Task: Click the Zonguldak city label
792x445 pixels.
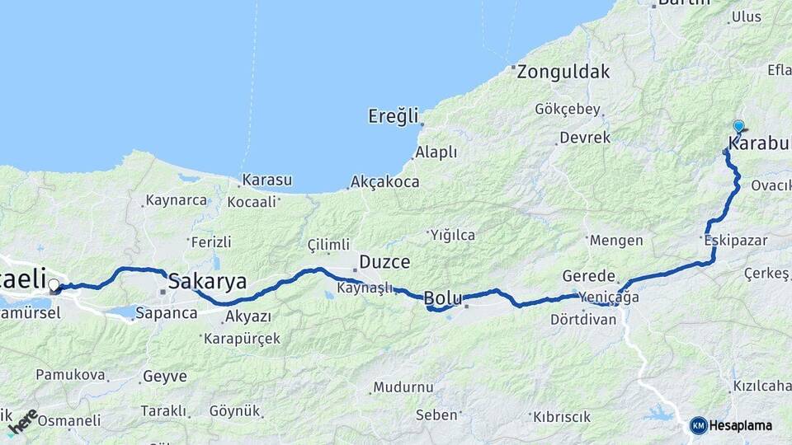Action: click(x=557, y=72)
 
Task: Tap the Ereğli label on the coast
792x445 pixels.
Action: click(x=394, y=116)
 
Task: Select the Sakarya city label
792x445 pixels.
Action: click(x=207, y=282)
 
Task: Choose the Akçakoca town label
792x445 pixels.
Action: click(x=384, y=181)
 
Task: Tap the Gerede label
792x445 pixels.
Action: click(x=589, y=276)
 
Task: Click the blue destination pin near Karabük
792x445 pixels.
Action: click(x=738, y=127)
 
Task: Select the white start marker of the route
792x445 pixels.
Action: click(x=54, y=285)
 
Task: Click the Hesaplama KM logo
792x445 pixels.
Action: click(x=731, y=425)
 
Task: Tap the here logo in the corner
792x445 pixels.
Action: click(x=22, y=422)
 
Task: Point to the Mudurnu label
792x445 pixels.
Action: click(x=403, y=386)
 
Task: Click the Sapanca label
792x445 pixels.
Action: click(x=166, y=313)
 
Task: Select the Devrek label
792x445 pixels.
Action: click(x=584, y=138)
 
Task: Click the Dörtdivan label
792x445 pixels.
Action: click(x=583, y=319)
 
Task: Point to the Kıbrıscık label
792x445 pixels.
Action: click(x=561, y=416)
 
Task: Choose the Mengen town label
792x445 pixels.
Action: click(x=616, y=241)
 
